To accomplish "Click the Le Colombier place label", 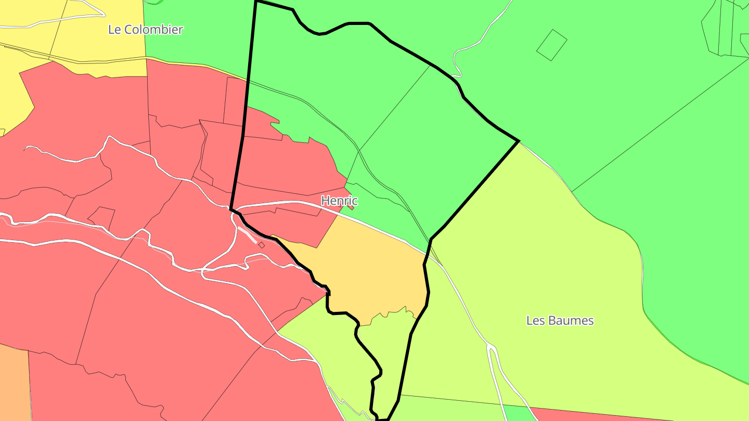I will pyautogui.click(x=146, y=29).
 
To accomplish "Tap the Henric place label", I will pyautogui.click(x=339, y=200).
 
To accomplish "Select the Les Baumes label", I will pyautogui.click(x=560, y=320).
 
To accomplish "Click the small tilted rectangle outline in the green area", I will pyautogui.click(x=551, y=45).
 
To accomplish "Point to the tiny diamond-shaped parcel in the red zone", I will pyautogui.click(x=261, y=245).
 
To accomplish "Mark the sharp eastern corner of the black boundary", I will pyautogui.click(x=519, y=141).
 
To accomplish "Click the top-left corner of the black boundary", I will pyautogui.click(x=256, y=2).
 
